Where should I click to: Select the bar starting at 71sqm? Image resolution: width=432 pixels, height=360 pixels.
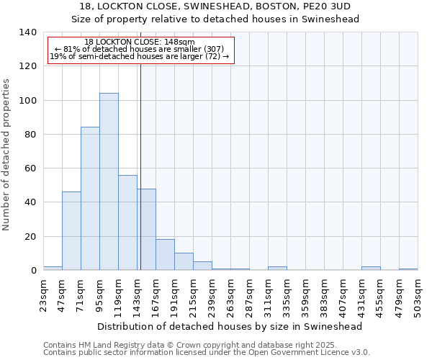(x=90, y=199)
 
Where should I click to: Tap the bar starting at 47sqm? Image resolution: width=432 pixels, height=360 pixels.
(x=71, y=231)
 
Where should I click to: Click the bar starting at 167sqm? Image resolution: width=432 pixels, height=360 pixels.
(x=165, y=255)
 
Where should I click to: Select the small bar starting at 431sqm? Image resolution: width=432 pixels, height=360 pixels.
(x=371, y=269)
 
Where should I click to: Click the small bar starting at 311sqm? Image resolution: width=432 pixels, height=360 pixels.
(x=277, y=269)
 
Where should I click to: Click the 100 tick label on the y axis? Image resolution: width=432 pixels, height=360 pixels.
(x=27, y=100)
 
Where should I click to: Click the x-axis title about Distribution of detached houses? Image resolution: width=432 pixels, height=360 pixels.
(x=229, y=326)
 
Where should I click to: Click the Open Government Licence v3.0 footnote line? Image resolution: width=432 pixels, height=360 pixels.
(x=206, y=353)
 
